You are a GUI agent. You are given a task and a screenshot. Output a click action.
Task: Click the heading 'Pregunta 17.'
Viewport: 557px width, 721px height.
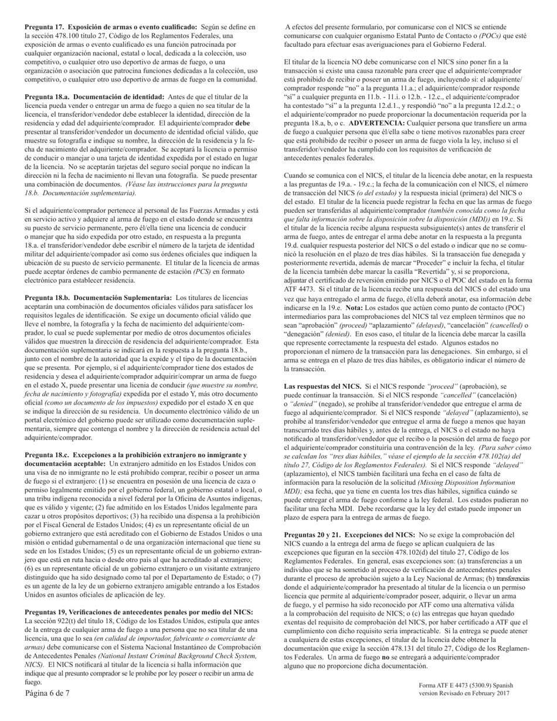point(45,27)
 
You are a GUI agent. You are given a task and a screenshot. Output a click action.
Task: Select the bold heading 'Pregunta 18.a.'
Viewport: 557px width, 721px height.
point(47,97)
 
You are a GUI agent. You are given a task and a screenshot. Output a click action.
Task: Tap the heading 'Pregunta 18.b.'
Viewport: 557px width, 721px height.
point(47,298)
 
